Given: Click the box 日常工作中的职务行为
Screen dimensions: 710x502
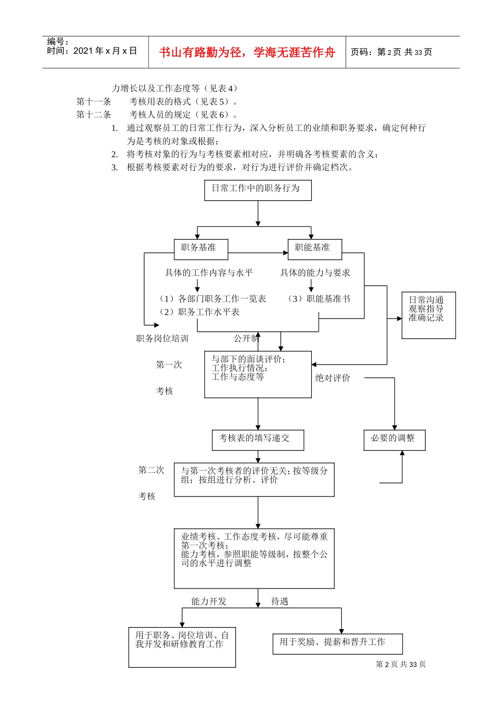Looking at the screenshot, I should tap(258, 190).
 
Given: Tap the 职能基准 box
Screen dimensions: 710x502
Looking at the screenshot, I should tap(314, 249).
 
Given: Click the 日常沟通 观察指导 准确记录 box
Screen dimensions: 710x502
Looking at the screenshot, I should tap(428, 315).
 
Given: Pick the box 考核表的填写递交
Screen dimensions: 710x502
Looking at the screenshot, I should tap(258, 440).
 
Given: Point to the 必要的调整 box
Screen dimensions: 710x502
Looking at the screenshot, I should tap(394, 440).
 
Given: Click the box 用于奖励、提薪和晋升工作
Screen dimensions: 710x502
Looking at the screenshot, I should tap(338, 643).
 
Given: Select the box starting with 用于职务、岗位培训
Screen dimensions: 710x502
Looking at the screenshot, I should tap(182, 647).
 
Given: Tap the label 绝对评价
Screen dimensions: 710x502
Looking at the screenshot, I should tap(333, 378).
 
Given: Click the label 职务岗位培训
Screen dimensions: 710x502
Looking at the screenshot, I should tap(162, 339).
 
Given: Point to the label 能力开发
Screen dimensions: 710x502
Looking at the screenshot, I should tap(209, 602).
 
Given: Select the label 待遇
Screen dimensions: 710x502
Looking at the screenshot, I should tap(280, 602).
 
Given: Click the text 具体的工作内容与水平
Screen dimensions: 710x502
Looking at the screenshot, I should tap(209, 273).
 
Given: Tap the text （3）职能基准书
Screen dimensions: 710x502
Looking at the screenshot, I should tap(319, 299).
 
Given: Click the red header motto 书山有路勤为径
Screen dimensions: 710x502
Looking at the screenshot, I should tap(247, 52).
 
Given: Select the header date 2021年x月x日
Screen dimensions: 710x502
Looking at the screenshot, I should tap(105, 51).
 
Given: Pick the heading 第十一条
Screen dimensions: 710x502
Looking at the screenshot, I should tap(94, 102).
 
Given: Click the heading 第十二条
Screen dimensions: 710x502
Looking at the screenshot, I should tap(94, 115).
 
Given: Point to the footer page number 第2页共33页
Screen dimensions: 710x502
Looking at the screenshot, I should tap(401, 665).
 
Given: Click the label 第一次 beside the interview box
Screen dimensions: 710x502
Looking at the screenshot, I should tap(169, 365).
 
